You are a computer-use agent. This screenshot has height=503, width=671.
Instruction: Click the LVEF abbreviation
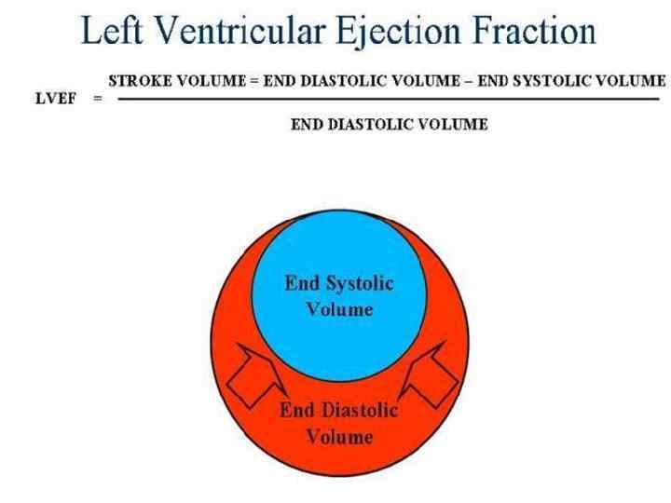(55, 100)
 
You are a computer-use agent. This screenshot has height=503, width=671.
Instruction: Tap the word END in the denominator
(308, 124)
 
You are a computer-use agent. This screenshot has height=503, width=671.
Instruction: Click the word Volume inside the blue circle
(339, 308)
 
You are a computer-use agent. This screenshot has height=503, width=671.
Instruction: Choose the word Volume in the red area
(340, 436)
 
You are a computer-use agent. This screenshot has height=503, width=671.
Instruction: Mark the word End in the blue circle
(301, 283)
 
